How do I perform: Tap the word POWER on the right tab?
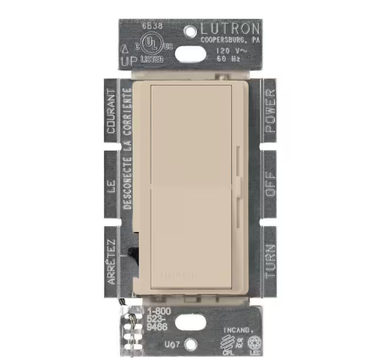pos(269,114)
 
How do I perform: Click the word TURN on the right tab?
pos(270,253)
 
